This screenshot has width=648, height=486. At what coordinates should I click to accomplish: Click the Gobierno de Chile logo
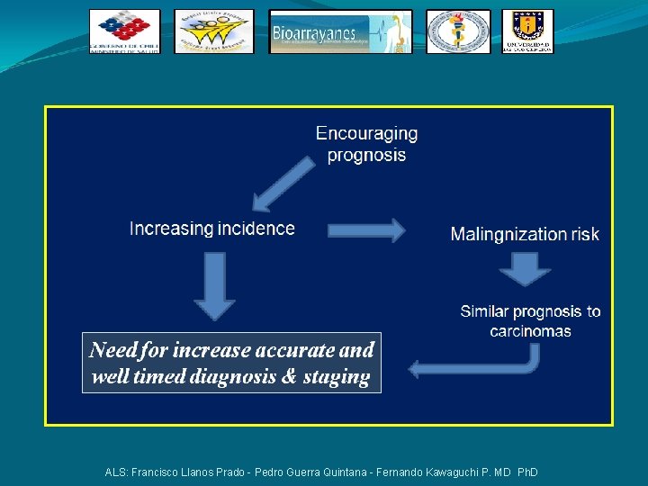click(x=124, y=31)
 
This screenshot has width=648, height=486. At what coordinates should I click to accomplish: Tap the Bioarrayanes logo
click(x=340, y=31)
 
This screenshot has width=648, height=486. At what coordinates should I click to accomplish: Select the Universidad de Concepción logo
click(x=527, y=31)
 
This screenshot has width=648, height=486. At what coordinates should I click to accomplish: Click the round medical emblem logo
click(x=458, y=31)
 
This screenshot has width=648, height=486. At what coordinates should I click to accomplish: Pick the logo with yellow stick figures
click(x=214, y=31)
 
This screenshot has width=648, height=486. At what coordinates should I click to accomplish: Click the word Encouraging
click(x=366, y=133)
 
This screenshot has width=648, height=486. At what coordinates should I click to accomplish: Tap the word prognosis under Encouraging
click(x=366, y=155)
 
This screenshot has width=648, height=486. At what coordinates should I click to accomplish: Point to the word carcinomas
click(x=530, y=331)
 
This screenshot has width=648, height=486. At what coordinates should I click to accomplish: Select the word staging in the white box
click(x=337, y=377)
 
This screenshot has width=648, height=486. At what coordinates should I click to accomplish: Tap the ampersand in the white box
click(x=288, y=377)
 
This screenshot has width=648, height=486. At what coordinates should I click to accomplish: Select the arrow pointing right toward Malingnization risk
click(x=366, y=230)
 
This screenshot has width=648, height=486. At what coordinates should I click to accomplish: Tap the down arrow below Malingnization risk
click(x=526, y=268)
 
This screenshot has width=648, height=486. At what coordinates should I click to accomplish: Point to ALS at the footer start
click(x=115, y=472)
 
